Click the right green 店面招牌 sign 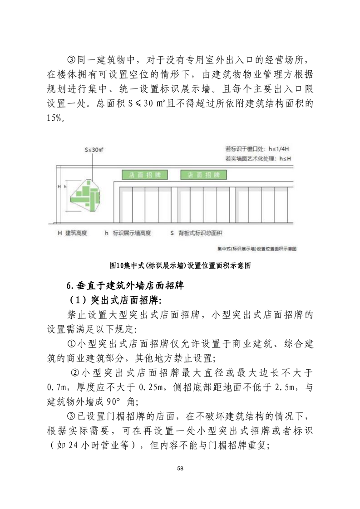tap(204, 175)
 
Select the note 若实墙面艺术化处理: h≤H tap(257, 158)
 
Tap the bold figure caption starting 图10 tap(180, 265)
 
